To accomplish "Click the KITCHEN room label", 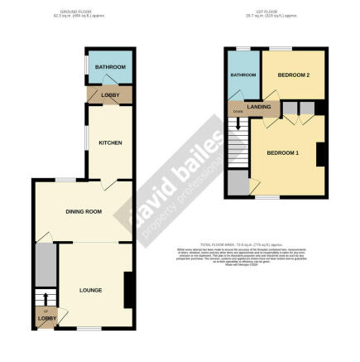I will coord(110,142).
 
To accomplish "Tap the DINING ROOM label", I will coord(84,212).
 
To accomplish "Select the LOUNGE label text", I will coord(90,289).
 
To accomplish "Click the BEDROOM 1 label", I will coord(282,153).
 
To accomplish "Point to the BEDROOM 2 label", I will coord(293,75).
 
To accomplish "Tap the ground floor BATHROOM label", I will coord(109,66).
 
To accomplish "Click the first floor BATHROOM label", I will coord(242,75).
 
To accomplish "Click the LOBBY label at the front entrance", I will coord(46,318).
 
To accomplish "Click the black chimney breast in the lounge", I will coord(127,289).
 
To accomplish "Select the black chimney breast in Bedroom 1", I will coord(319,154).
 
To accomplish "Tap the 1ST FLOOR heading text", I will coord(277,11).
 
